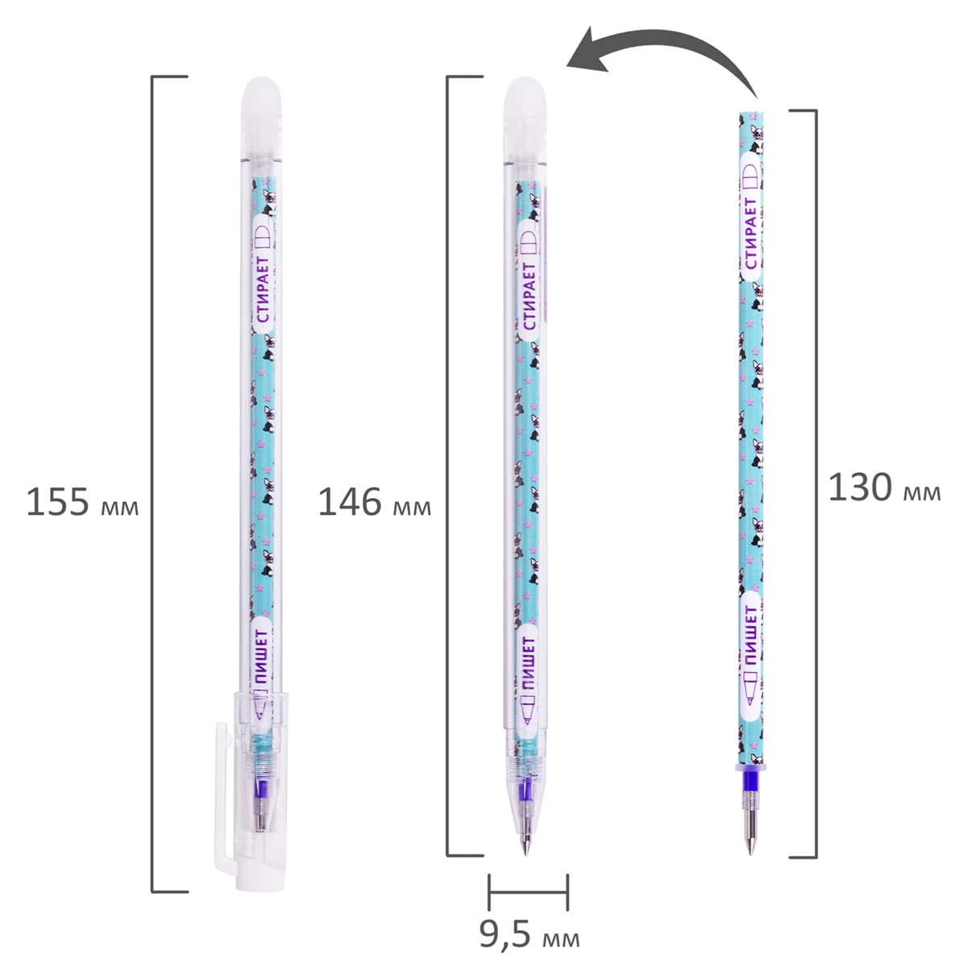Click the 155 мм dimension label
pyautogui.click(x=82, y=502)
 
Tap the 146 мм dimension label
pyautogui.click(x=375, y=502)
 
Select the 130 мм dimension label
pyautogui.click(x=885, y=488)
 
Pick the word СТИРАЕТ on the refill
pyautogui.click(x=751, y=234)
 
